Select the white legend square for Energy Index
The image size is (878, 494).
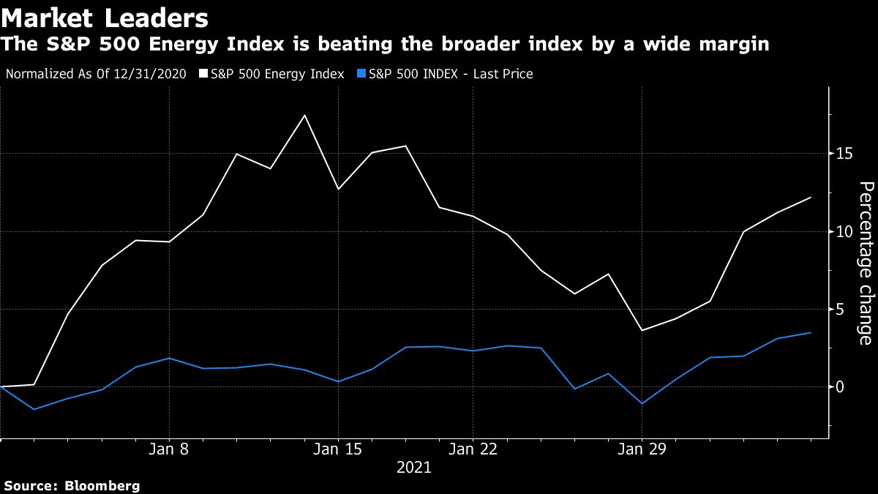[203, 74]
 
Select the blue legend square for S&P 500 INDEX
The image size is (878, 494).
[361, 74]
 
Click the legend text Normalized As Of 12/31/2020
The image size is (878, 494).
[96, 74]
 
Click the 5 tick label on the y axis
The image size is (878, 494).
[841, 309]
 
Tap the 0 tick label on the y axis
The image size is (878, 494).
[841, 386]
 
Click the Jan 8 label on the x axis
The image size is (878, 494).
[169, 449]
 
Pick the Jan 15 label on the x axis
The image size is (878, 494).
[338, 449]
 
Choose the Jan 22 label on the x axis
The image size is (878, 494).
[473, 449]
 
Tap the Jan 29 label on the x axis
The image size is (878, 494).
[642, 449]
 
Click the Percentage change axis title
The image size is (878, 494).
[865, 263]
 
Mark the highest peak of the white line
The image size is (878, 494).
[304, 115]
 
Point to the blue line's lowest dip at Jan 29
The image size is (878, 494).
[642, 403]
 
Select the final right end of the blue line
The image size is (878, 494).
[811, 333]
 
